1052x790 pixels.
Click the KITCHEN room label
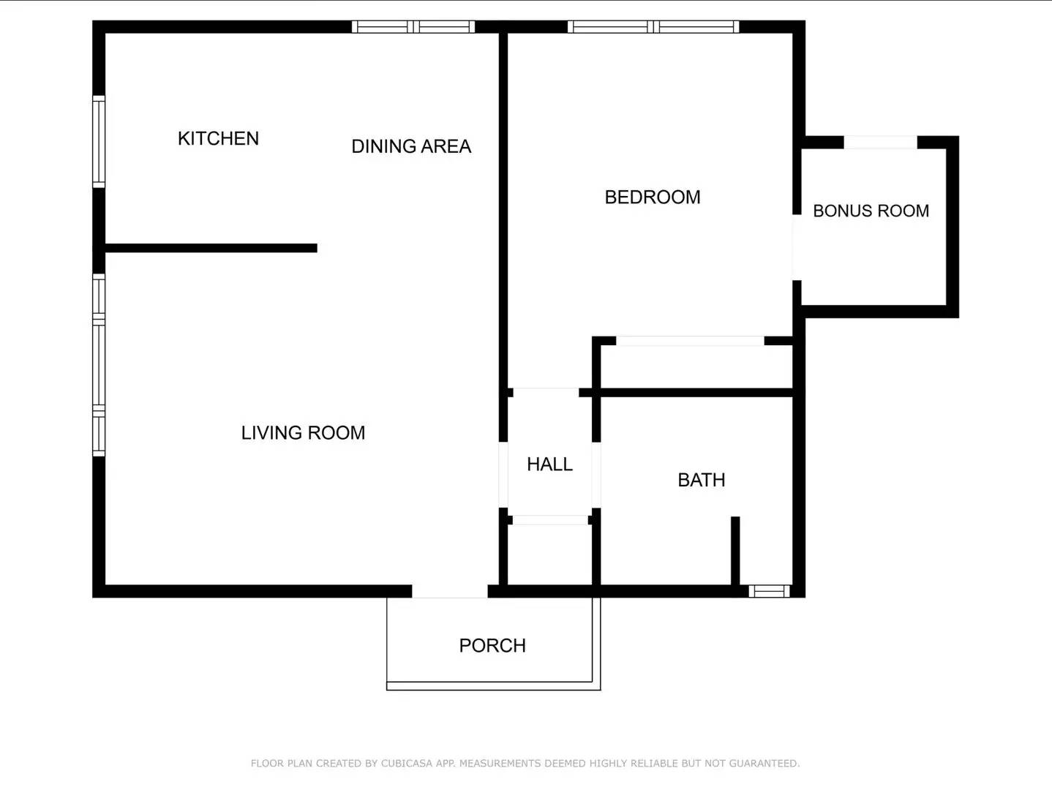coord(218,138)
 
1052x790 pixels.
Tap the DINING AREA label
coord(411,146)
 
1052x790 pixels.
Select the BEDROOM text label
coord(652,197)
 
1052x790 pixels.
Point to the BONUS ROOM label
coord(871,211)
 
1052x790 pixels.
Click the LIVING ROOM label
coord(303,432)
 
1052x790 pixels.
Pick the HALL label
coord(549,464)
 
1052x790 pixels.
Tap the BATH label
coord(701,480)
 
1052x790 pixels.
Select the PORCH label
coord(492,645)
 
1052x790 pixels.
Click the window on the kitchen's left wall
coord(99,141)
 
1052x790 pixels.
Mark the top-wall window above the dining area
coord(413,27)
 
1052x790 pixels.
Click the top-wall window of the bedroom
coord(653,27)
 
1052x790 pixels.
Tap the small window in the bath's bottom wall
coord(769,591)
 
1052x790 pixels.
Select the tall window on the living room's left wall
coord(99,364)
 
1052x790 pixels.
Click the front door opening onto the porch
coord(450,591)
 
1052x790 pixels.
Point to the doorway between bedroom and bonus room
coord(797,247)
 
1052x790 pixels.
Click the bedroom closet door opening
coord(690,341)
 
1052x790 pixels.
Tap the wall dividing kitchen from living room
coord(211,248)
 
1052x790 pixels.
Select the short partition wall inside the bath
coord(735,551)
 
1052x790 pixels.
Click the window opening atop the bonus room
coord(880,142)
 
